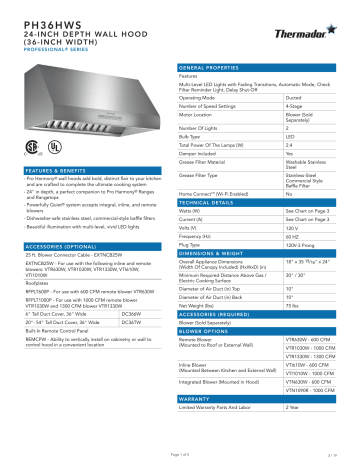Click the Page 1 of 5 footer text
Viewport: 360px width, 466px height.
(x=180, y=457)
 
